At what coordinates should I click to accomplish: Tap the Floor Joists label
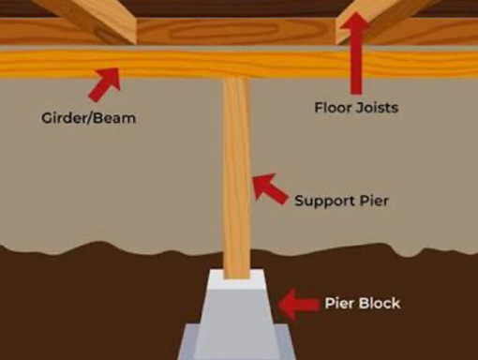pos(355,108)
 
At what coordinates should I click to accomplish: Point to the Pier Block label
pos(362,303)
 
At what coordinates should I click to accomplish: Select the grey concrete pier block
pos(238,305)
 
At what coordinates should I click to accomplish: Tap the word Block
pos(379,303)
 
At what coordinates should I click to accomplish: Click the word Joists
pos(376,108)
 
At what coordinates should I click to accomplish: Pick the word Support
pos(321,201)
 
